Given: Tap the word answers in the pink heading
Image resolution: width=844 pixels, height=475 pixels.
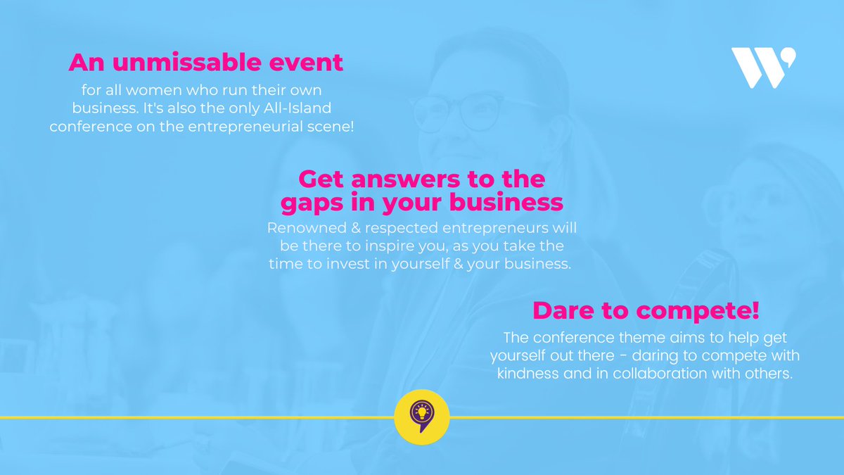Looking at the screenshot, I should [402, 179].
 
